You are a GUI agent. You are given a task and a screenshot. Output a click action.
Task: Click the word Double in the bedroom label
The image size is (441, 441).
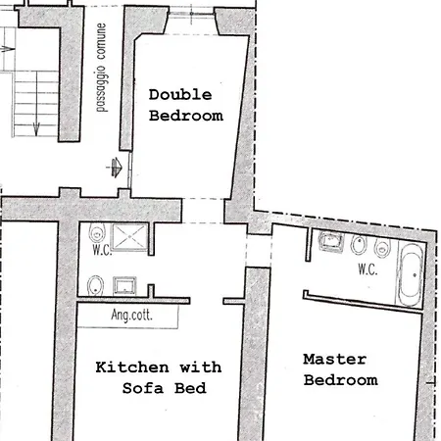coord(180,95)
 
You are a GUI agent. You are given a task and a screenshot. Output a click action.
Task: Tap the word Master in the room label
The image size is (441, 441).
coord(335,359)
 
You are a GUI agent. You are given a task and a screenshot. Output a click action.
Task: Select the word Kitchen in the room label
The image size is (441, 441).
coord(132,367)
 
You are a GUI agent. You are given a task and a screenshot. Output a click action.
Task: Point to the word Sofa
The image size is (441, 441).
coord(143,388)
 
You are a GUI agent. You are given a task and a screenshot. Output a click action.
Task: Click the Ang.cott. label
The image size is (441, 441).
coord(131,315)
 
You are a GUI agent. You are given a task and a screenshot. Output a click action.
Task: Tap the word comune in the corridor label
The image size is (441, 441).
coord(102,41)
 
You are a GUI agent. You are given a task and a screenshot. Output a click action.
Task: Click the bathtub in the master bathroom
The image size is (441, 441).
coord(411,274)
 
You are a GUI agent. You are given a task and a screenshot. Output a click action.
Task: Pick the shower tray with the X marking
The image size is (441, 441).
coord(129,237)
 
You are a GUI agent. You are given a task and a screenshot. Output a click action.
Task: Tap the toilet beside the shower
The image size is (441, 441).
coord(97,233)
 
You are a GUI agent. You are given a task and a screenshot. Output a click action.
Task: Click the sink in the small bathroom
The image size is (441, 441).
coord(124,285)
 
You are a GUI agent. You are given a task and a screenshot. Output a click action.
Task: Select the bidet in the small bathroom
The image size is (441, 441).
coord(95,286)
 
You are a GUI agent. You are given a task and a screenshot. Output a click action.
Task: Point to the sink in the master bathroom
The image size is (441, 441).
coord(331,241)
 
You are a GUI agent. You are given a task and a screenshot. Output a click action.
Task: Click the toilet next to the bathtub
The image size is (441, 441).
coord(382,248)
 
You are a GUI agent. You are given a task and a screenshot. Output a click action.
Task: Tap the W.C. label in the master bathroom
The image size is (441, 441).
coord(367,269)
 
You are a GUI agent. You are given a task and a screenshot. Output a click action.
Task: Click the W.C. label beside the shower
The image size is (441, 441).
coord(102,250)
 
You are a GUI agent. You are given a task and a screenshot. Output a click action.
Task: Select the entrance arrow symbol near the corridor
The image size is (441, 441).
coord(115,168)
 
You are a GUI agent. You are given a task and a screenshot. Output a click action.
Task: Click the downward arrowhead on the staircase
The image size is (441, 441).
coord(36,129)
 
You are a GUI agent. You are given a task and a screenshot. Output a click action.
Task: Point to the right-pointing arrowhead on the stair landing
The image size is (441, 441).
coord(8,50)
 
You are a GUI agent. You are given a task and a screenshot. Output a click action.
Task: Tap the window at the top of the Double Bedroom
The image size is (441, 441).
coord(192,14)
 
